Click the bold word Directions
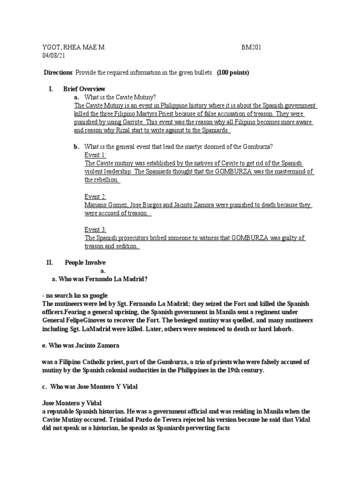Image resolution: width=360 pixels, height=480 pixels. (x=58, y=73)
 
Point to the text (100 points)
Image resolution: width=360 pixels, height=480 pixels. (x=233, y=73)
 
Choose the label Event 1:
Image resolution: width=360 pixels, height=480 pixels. (x=95, y=155)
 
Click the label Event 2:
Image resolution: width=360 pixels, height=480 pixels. (x=95, y=196)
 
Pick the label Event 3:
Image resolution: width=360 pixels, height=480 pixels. (x=95, y=230)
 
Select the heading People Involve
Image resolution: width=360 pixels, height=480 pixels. (x=85, y=262)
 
